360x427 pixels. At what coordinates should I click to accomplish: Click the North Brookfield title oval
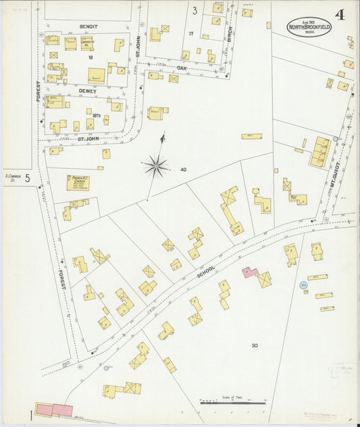[309, 26]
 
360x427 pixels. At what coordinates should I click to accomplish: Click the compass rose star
[156, 164]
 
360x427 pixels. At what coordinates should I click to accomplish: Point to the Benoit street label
[88, 26]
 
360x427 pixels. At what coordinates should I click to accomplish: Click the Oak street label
[182, 68]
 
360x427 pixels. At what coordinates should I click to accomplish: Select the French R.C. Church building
[78, 182]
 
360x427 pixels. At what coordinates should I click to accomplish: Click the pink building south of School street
[250, 272]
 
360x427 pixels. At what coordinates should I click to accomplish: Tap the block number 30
[255, 345]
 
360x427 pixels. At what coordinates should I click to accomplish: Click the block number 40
[183, 170]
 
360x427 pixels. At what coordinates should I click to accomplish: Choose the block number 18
[89, 57]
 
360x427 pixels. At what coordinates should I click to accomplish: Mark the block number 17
[191, 33]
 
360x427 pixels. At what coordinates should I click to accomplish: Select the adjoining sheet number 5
[28, 178]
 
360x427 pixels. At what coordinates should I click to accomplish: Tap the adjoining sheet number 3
[194, 10]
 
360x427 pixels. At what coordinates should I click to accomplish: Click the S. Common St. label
[11, 178]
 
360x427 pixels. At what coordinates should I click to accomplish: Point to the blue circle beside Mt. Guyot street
[335, 139]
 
